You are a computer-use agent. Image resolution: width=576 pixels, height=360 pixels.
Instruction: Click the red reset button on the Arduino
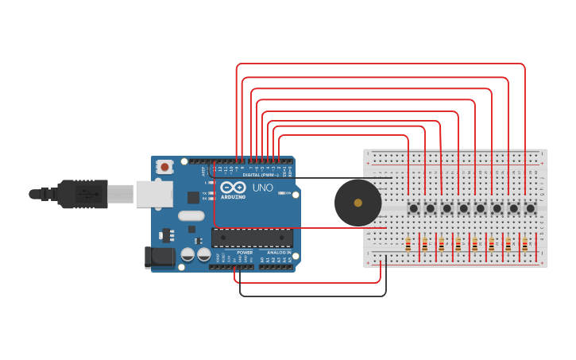pyautogui.click(x=164, y=167)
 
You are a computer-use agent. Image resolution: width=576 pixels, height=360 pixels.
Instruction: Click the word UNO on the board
pyautogui.click(x=262, y=188)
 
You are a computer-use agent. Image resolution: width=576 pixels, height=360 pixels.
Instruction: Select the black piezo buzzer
pyautogui.click(x=358, y=203)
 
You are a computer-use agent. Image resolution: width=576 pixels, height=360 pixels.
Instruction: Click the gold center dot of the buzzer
pyautogui.click(x=358, y=203)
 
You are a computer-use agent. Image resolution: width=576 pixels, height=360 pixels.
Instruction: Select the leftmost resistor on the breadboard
pyautogui.click(x=408, y=245)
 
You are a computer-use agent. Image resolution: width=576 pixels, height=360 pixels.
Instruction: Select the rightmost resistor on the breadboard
pyautogui.click(x=524, y=245)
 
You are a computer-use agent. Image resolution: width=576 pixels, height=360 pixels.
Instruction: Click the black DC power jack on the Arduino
pyautogui.click(x=158, y=257)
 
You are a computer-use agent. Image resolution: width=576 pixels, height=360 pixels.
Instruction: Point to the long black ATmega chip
pyautogui.click(x=252, y=238)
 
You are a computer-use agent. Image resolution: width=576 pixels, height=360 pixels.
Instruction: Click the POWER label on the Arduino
pyautogui.click(x=245, y=253)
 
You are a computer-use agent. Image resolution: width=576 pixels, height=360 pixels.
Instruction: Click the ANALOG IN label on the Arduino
pyautogui.click(x=278, y=253)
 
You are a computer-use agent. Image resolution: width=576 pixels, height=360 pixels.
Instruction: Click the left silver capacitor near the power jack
pyautogui.click(x=188, y=254)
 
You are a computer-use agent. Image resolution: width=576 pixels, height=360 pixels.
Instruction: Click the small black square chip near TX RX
pyautogui.click(x=193, y=197)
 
